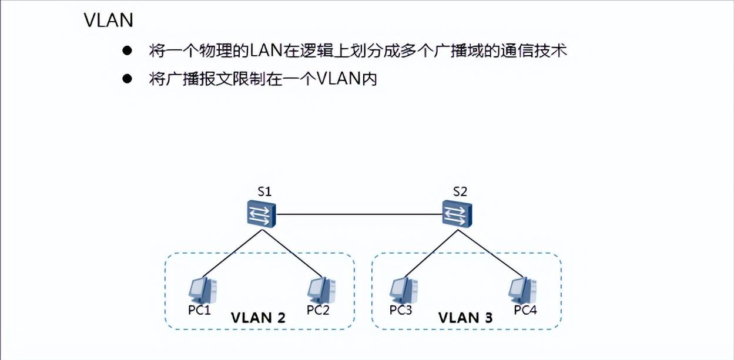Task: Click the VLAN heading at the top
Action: coord(109,21)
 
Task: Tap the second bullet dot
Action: coord(126,79)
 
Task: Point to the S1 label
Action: coord(264,191)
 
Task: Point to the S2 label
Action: coord(460,191)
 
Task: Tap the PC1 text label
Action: coord(199,310)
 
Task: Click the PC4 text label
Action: coord(525,310)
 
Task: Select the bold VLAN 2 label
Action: coord(258,318)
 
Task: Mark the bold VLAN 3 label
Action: coord(465,318)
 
